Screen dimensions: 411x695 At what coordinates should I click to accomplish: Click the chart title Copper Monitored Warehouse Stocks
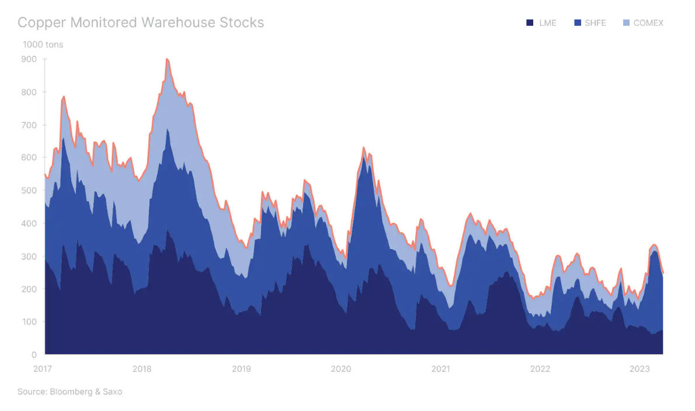[141, 23]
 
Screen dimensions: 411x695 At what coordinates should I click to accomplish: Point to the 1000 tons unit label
[43, 44]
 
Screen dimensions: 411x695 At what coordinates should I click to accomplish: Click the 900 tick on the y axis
[29, 59]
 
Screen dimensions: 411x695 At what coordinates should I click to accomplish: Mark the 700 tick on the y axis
[29, 125]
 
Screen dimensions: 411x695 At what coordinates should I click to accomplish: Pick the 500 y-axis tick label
[29, 191]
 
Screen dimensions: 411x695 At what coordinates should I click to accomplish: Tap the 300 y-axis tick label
[29, 257]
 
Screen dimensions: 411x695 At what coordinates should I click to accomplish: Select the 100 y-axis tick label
[29, 322]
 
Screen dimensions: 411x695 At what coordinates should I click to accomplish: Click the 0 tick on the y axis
[33, 355]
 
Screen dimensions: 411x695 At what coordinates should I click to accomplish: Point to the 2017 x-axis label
[43, 369]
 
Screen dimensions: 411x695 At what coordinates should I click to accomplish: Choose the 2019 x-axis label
[241, 369]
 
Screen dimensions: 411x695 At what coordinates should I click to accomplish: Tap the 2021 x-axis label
[440, 369]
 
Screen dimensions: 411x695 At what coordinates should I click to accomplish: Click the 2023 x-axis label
[640, 369]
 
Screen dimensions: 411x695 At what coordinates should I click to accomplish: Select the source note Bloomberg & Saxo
[69, 392]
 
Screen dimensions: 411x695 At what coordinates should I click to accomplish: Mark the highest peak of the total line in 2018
[167, 59]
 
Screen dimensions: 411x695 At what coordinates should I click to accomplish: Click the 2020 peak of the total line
[363, 148]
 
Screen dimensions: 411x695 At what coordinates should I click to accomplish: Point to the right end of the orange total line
[663, 272]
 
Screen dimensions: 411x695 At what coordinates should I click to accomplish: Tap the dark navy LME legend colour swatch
[530, 23]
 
